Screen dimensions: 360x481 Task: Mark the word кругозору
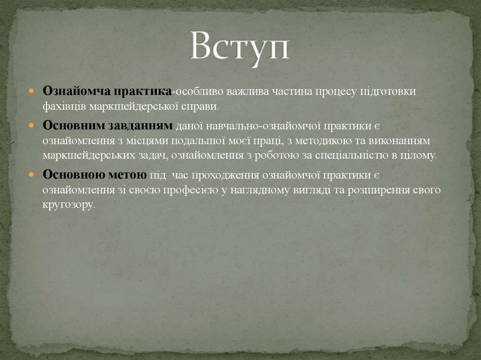coord(69,205)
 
